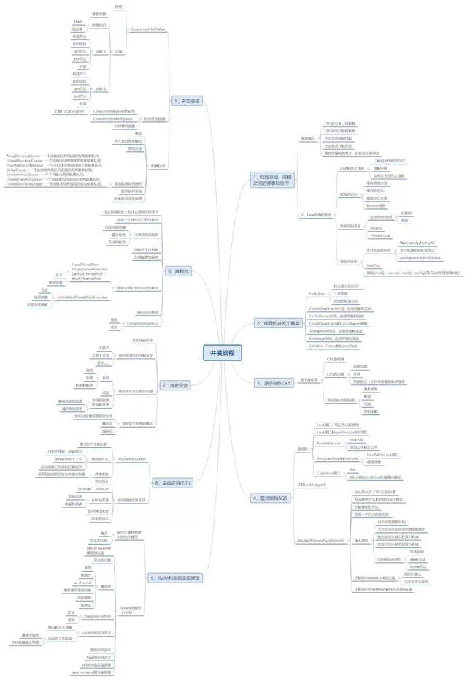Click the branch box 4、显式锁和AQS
click(x=270, y=497)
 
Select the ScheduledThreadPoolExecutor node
click(x=82, y=297)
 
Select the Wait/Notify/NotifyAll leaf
click(x=417, y=242)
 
